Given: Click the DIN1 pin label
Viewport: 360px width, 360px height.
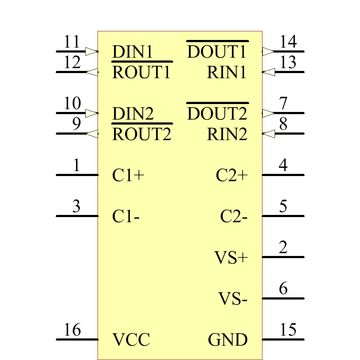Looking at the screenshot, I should [132, 52].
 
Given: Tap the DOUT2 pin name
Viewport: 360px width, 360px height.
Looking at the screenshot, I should [217, 114].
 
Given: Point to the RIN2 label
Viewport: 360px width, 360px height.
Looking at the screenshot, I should [227, 135].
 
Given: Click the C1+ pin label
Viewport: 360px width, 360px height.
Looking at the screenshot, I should [128, 176].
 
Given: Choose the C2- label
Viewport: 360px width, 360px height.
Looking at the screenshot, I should [234, 217].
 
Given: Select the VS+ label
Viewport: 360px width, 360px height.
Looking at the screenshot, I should [231, 258].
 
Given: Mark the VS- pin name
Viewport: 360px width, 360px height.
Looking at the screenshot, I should [233, 299].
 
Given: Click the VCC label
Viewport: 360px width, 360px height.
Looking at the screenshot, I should [131, 340].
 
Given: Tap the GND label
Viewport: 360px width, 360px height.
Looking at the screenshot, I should [228, 340].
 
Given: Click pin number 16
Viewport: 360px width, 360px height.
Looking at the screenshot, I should [72, 330].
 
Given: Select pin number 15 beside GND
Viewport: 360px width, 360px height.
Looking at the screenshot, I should [288, 330].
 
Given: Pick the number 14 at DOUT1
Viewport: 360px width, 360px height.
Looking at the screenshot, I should [288, 42].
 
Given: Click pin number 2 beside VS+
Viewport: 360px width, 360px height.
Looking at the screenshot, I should [283, 248].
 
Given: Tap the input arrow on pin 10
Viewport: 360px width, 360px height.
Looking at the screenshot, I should [91, 113].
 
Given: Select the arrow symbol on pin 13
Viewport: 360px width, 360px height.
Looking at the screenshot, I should [269, 72].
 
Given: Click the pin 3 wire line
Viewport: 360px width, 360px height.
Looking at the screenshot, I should [77, 216].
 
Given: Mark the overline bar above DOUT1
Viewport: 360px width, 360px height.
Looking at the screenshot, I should [217, 41].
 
